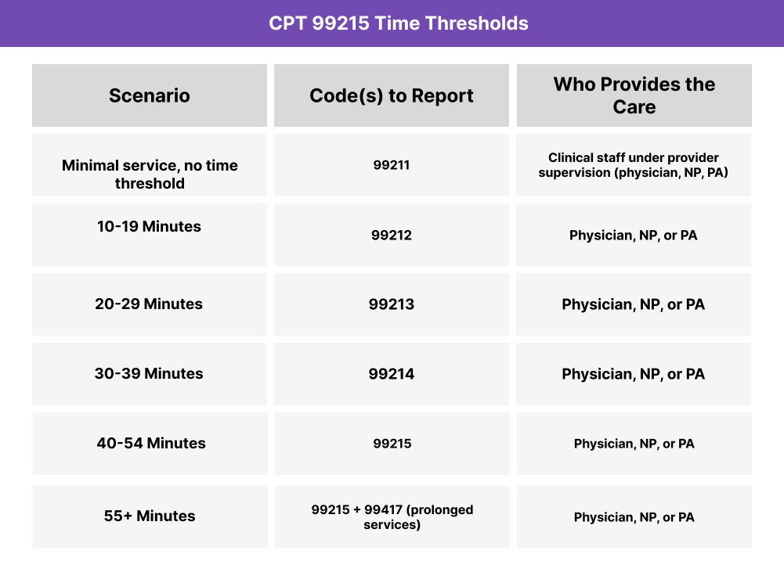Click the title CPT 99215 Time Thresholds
398,23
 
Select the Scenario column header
149,95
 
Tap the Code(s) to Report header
392,95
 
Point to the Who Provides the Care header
634,95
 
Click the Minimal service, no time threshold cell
150,174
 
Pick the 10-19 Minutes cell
149,227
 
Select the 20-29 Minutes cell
149,304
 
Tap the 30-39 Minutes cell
149,373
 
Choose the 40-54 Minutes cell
151,443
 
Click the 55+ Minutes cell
150,516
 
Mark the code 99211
392,165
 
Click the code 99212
392,235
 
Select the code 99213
392,304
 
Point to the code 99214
392,374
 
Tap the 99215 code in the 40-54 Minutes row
392,444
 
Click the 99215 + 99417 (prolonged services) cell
392,516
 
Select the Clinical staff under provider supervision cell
634,165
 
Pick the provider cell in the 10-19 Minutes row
634,235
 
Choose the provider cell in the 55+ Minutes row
634,517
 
